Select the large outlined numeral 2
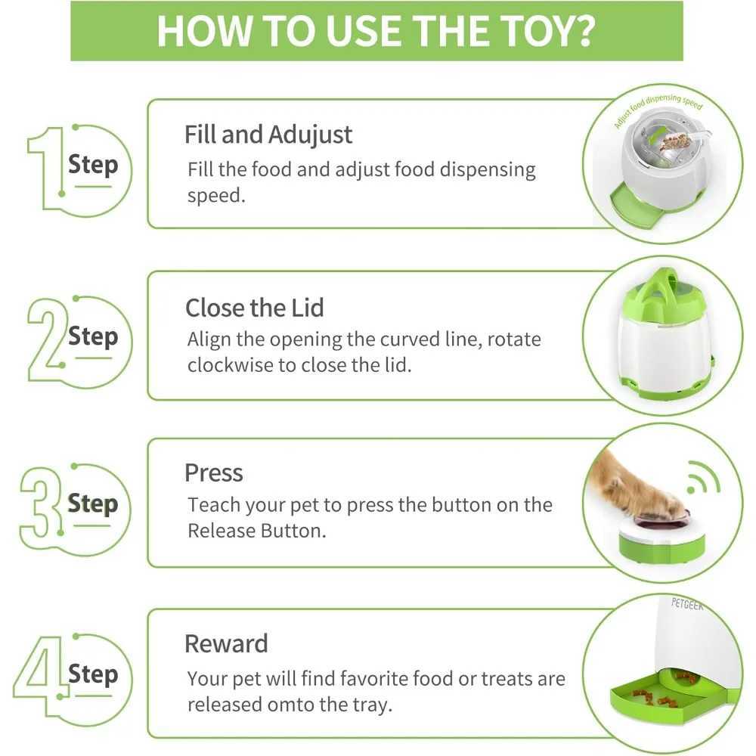[x=47, y=340]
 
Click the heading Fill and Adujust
[x=268, y=135]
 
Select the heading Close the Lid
[x=255, y=308]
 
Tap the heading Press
[x=214, y=472]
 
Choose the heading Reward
[x=226, y=643]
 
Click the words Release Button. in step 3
[x=257, y=531]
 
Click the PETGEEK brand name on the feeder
[x=687, y=604]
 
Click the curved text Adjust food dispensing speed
[x=658, y=108]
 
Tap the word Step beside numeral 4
[x=93, y=674]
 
